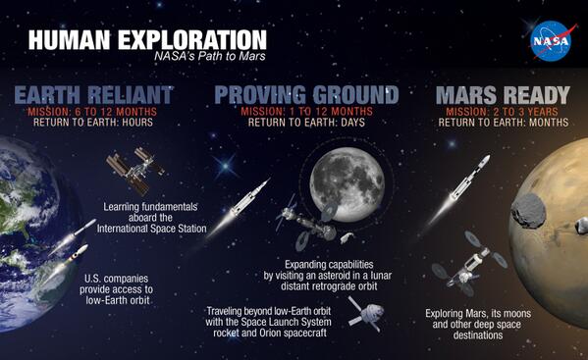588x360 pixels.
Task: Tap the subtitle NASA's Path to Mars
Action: point(210,57)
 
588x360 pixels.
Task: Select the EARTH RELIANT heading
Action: point(94,95)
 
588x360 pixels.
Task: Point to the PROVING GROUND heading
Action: point(306,95)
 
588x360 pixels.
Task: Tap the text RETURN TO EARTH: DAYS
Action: point(306,124)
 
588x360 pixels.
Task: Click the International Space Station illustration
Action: point(128,171)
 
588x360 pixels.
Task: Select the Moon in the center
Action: point(339,179)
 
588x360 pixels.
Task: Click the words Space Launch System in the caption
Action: point(300,322)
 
